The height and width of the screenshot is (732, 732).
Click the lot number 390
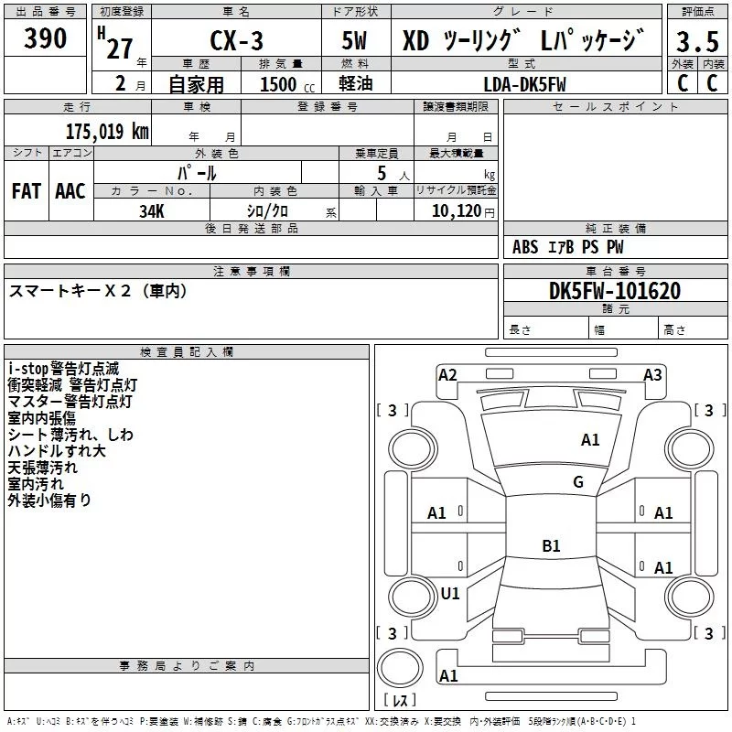click(45, 38)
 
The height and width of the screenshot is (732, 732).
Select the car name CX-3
click(236, 40)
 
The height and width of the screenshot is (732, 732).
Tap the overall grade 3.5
click(697, 41)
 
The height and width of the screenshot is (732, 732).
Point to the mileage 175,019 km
click(107, 131)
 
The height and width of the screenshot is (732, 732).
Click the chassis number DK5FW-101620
click(615, 291)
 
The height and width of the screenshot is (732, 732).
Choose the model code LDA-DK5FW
click(524, 84)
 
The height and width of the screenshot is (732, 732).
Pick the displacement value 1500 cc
click(287, 84)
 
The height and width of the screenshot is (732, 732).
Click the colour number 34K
click(152, 211)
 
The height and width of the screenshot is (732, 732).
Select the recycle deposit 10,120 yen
click(463, 211)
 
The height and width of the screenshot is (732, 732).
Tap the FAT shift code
click(27, 191)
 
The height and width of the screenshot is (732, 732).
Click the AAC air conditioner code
click(70, 191)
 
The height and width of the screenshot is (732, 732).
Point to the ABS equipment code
click(525, 247)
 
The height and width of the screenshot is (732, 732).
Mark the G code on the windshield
click(578, 481)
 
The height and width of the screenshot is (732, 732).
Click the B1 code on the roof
click(551, 545)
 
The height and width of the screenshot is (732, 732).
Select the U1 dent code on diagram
click(450, 593)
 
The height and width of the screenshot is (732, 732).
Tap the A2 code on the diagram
click(447, 375)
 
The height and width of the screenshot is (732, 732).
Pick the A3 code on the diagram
click(652, 375)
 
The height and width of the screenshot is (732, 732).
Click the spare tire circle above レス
click(400, 668)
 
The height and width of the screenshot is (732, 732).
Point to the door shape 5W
click(354, 40)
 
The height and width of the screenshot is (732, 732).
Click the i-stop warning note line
click(63, 369)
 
